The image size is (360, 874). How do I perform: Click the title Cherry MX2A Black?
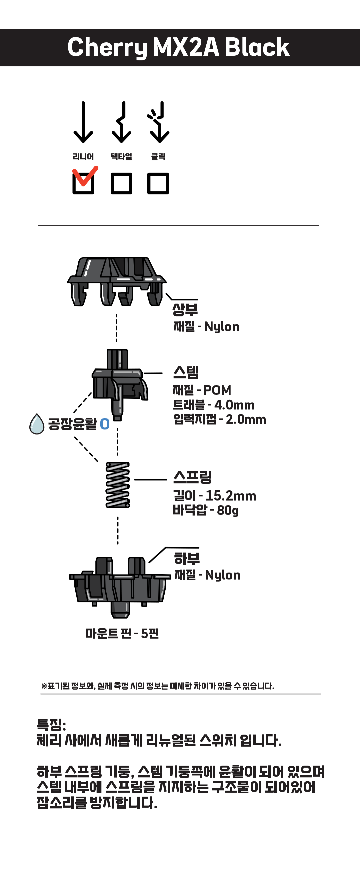pos(178,47)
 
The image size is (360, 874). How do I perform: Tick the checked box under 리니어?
pos(83,183)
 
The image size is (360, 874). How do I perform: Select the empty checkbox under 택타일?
pos(121,183)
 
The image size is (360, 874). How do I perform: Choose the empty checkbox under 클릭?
pos(158,183)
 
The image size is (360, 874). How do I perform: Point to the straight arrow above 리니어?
pos(83,122)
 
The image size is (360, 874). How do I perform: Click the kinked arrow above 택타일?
pos(121,122)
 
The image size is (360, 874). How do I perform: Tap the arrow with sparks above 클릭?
pos(159,122)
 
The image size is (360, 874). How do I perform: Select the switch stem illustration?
pos(119,383)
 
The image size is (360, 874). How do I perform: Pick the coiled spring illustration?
pos(118,485)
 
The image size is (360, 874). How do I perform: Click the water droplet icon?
pos(37,424)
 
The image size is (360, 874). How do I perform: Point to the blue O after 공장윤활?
pos(105,424)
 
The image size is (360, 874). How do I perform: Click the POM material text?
pos(217,390)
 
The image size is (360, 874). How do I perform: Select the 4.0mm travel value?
pos(234,405)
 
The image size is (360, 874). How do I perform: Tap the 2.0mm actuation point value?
pos(246,420)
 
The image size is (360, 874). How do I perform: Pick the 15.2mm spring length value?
pos(231,496)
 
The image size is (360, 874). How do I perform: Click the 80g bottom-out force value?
pos(228,510)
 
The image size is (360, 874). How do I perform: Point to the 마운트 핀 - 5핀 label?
pos(122,634)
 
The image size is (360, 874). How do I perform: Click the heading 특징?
pos(51,725)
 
